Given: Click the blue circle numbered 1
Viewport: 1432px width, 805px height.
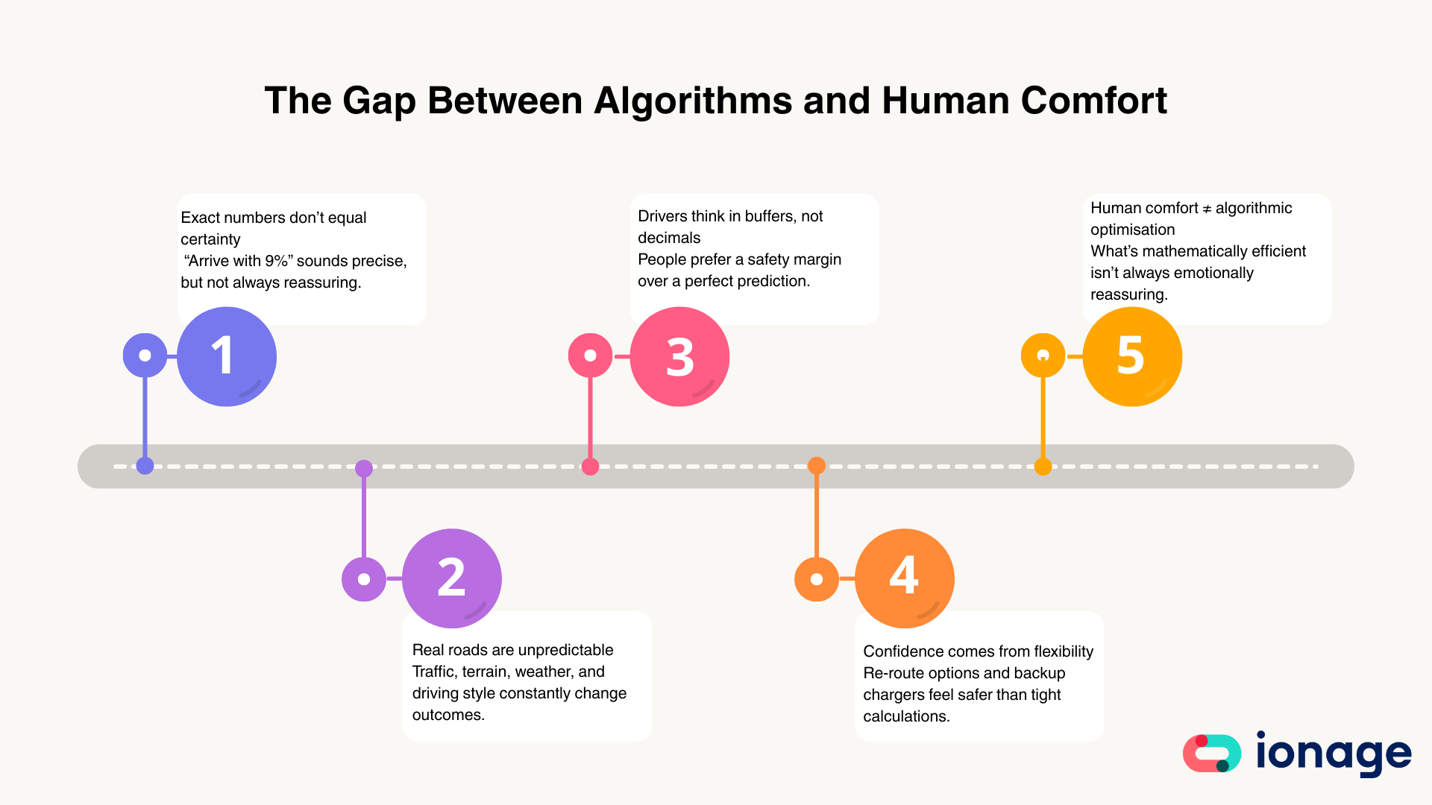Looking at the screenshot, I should (x=227, y=356).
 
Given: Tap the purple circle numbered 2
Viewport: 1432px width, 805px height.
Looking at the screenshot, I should (x=452, y=578).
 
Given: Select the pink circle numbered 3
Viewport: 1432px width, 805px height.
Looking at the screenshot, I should (x=679, y=356).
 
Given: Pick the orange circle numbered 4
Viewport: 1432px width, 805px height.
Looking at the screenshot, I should (x=905, y=578).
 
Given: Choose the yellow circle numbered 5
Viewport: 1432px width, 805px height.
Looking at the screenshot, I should (x=1132, y=356).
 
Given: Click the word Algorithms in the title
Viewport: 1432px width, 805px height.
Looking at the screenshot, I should (x=692, y=101).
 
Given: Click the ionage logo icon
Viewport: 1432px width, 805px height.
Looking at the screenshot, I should (x=1212, y=754).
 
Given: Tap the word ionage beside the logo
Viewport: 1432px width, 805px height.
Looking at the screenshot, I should (x=1334, y=754).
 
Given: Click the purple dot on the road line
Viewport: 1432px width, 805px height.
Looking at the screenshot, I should (x=364, y=468).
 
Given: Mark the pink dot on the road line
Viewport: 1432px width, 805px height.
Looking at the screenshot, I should (x=590, y=467).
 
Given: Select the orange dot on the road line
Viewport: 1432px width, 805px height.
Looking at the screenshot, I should (x=817, y=466).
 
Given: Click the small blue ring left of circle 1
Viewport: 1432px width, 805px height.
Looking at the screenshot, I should (x=145, y=356).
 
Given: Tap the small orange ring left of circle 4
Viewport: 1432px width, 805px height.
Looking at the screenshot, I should (x=817, y=579).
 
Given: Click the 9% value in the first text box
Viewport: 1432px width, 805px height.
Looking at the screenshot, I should (x=276, y=261).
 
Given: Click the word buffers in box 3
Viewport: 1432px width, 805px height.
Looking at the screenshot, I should (x=769, y=216).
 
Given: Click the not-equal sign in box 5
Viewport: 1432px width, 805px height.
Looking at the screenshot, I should (x=1207, y=209).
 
